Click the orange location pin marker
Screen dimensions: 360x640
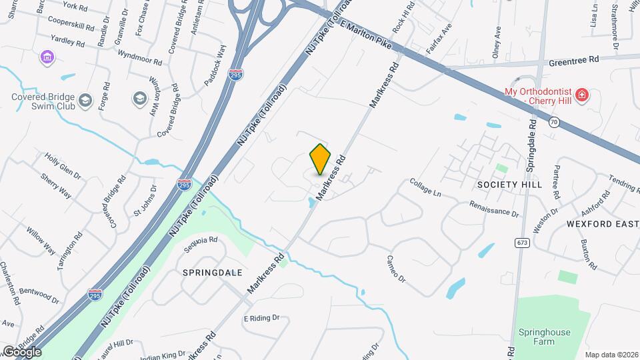(x=321, y=159)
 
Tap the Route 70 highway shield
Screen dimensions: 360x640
(x=554, y=121)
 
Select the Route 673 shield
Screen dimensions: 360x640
(x=522, y=243)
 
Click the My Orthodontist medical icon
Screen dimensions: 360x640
(x=582, y=95)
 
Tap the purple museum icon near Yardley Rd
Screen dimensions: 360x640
(x=47, y=57)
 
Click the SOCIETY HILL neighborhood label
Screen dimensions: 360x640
(x=510, y=184)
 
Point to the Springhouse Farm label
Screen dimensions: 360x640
(x=537, y=337)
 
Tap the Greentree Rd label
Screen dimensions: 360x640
(x=573, y=60)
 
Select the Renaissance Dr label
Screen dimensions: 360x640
(x=493, y=209)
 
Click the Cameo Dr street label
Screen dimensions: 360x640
(x=397, y=269)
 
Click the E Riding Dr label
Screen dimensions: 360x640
(x=261, y=319)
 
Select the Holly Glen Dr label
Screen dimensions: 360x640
(x=63, y=166)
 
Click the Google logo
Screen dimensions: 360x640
(x=21, y=351)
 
